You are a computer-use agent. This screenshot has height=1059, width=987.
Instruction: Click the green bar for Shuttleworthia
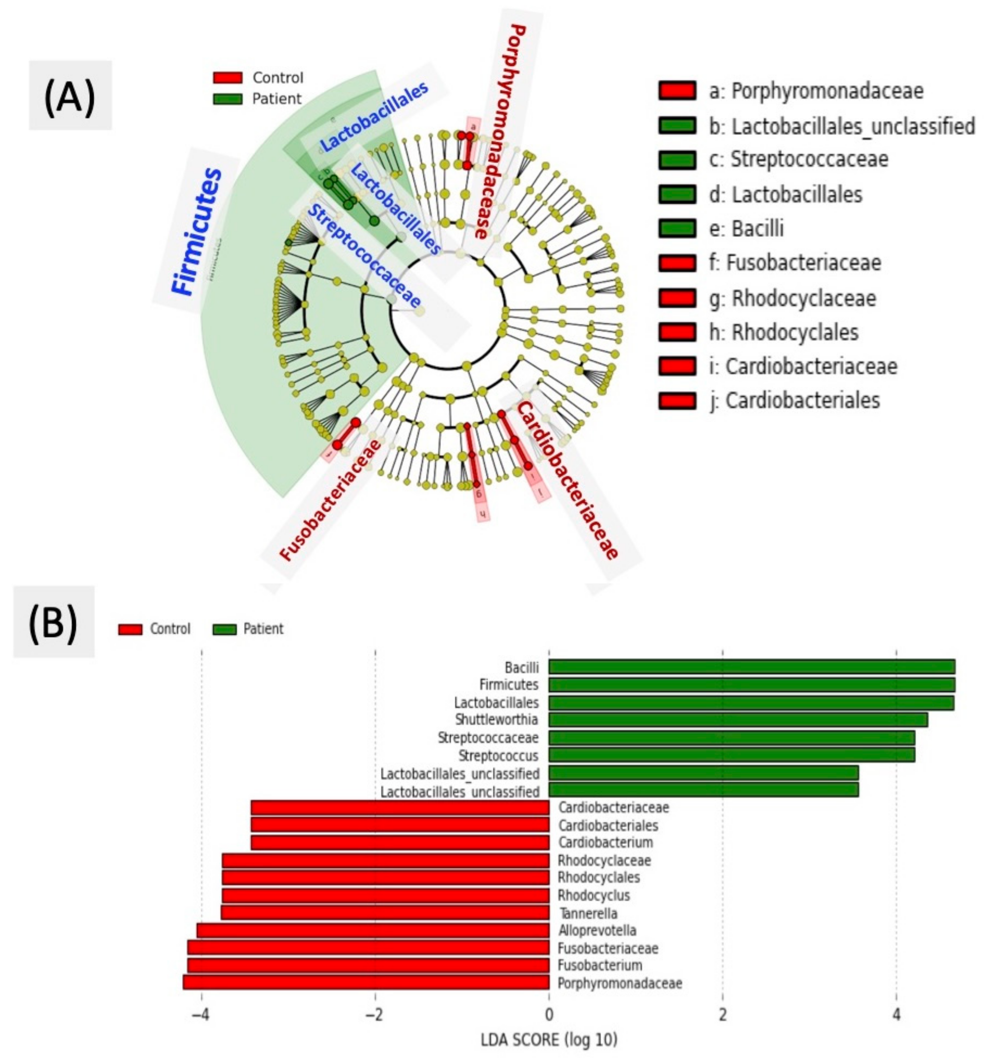tap(738, 720)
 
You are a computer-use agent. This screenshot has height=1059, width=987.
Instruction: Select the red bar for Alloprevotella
tap(373, 931)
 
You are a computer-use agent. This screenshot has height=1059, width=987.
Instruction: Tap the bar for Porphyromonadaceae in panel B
tap(365, 983)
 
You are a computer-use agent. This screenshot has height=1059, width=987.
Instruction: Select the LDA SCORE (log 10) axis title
tap(549, 1039)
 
